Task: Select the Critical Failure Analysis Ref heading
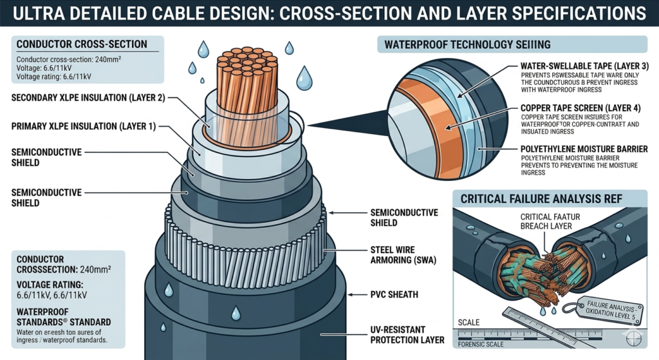point(541,199)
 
